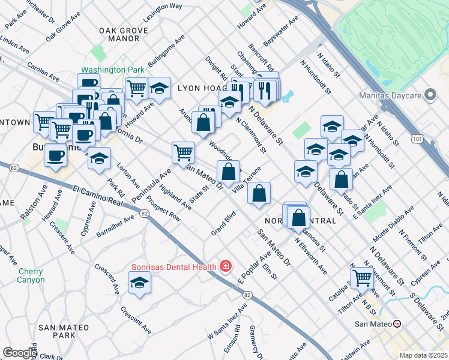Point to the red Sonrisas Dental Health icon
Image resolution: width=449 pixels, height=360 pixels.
click(226, 265)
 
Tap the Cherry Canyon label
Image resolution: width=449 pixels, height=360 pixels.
click(31, 275)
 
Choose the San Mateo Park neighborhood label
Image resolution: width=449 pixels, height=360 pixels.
click(64, 331)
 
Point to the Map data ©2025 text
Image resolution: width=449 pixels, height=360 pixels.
click(423, 355)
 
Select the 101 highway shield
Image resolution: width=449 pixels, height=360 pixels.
click(412, 140)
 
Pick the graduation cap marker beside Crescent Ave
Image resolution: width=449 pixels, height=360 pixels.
click(139, 281)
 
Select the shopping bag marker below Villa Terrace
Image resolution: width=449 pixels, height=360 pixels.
click(259, 193)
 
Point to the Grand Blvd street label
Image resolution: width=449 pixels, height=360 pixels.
click(223, 223)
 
